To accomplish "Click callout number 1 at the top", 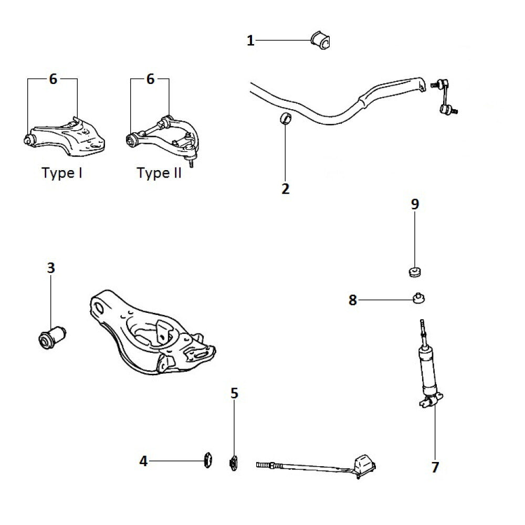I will (x=250, y=40).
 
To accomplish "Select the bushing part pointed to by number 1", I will (x=320, y=40).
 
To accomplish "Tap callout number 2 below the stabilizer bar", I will (x=285, y=188).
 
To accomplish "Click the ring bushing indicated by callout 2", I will (x=286, y=119).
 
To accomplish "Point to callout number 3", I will (x=50, y=268).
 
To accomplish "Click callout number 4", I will (x=143, y=461).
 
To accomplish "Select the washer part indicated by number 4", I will (x=208, y=460).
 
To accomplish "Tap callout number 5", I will (x=234, y=393).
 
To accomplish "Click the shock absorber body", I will (x=427, y=370).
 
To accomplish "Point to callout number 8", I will (x=353, y=300).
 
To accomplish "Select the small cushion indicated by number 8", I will (x=418, y=298).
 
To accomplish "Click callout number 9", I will (x=415, y=204).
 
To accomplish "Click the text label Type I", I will (x=62, y=173).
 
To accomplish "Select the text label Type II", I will (x=159, y=173).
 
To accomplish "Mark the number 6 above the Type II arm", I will (x=150, y=79).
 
